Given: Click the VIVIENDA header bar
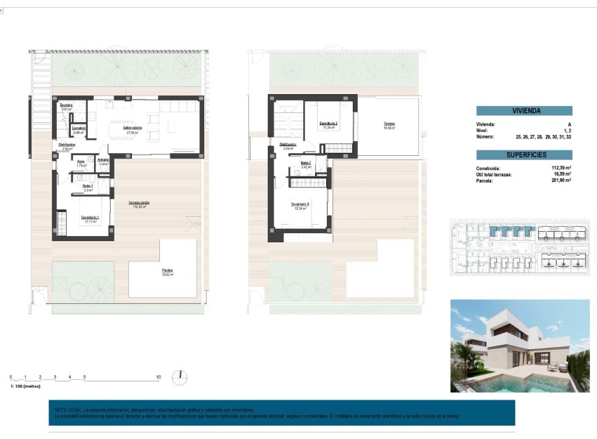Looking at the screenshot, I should click(x=524, y=110).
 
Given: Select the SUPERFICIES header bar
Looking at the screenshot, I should click(x=524, y=155).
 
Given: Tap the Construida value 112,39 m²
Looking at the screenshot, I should click(x=561, y=169).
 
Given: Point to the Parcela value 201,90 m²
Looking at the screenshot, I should click(x=561, y=181).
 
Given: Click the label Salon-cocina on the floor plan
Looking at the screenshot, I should click(x=134, y=128).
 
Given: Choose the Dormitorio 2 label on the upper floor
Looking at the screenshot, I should click(x=328, y=124).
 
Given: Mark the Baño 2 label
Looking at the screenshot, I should click(x=306, y=164).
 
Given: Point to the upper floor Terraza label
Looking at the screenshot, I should click(x=389, y=125).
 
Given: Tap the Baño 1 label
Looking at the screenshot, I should click(x=88, y=186).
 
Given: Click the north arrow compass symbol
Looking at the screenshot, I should click(x=182, y=376).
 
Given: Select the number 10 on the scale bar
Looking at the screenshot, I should click(x=159, y=378).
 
